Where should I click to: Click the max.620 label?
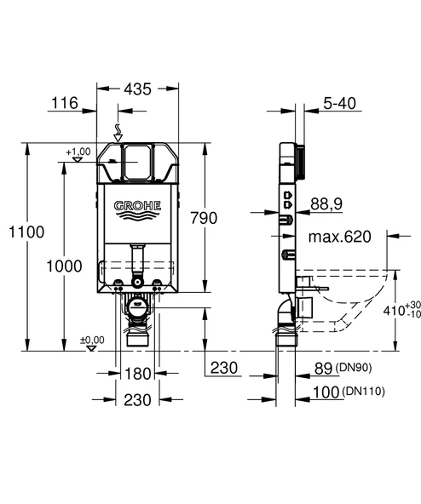point(340,237)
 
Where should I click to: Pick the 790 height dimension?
point(228,217)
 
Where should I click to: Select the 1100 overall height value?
point(20,232)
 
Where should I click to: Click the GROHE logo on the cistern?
point(137,206)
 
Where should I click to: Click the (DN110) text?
point(365,392)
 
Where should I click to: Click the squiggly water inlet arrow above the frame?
point(119,129)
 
